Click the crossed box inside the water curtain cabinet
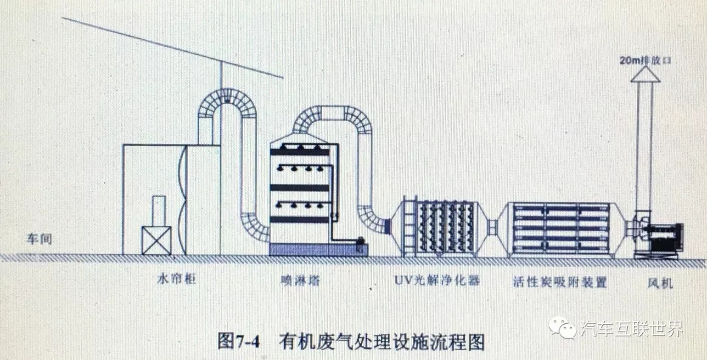[x=155, y=240]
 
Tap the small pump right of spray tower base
[x=359, y=245]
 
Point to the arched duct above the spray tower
[x=331, y=118]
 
